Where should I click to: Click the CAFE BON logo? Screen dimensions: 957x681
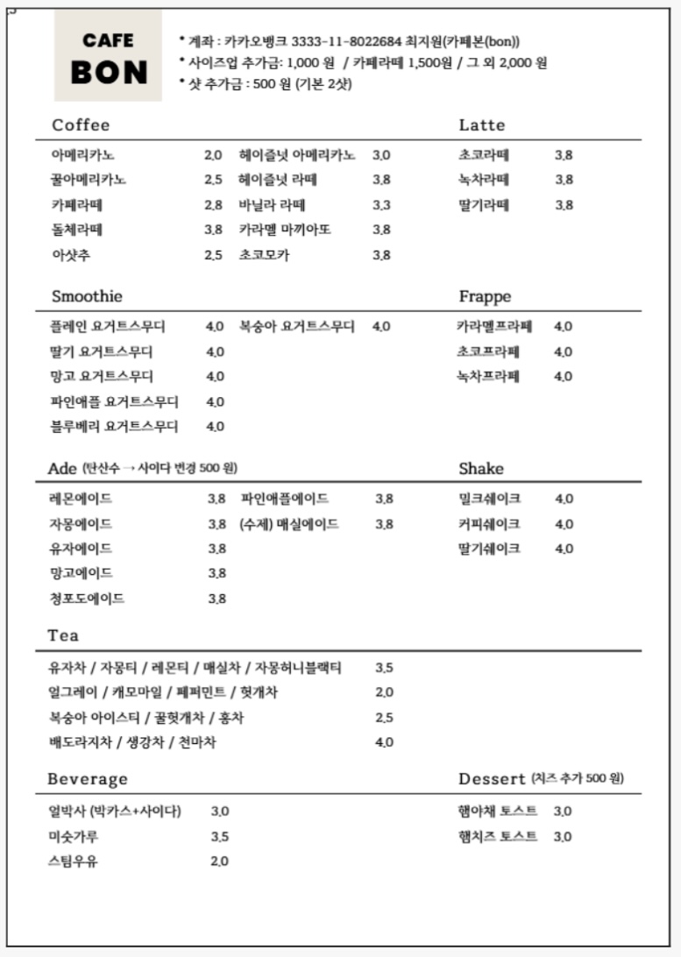pyautogui.click(x=109, y=56)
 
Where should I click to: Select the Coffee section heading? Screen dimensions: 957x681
pyautogui.click(x=81, y=125)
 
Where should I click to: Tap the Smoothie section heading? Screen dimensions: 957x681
pyautogui.click(x=87, y=296)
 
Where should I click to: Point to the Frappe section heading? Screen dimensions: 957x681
pyautogui.click(x=485, y=296)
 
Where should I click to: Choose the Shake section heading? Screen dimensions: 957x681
pyautogui.click(x=481, y=469)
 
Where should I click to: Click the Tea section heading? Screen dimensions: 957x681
pyautogui.click(x=63, y=634)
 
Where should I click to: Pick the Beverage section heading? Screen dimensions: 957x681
pyautogui.click(x=88, y=779)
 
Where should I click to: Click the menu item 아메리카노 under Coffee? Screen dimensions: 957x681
pyautogui.click(x=83, y=155)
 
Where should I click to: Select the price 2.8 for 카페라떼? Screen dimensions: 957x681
pyautogui.click(x=214, y=205)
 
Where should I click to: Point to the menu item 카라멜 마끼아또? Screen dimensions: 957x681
pyautogui.click(x=285, y=230)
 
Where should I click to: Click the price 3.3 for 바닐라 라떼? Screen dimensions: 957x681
pyautogui.click(x=381, y=205)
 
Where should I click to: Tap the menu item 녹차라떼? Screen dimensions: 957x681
pyautogui.click(x=484, y=180)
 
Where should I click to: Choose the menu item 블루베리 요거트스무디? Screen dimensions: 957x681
pyautogui.click(x=114, y=427)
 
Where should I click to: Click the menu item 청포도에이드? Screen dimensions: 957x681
pyautogui.click(x=87, y=599)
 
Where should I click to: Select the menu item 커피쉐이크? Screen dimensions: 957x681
pyautogui.click(x=489, y=524)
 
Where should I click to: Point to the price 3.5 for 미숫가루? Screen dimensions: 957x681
pyautogui.click(x=220, y=836)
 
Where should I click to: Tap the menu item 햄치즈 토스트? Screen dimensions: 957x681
pyautogui.click(x=498, y=836)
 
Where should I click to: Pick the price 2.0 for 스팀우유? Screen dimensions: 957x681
pyautogui.click(x=220, y=861)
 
